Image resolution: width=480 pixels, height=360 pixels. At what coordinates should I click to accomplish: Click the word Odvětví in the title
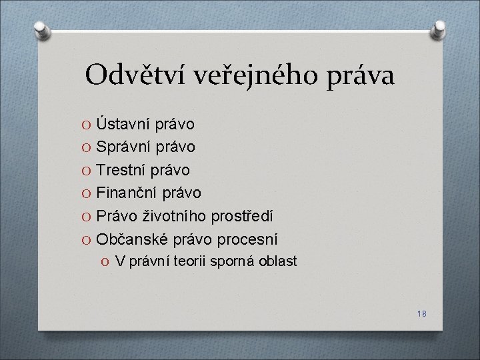135,75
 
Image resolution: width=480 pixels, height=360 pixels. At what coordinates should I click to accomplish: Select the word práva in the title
360,77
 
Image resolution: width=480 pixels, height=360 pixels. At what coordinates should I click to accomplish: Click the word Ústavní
123,123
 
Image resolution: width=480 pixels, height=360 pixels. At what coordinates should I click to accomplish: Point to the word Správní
123,147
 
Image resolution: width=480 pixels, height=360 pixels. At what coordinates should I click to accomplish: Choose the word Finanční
126,193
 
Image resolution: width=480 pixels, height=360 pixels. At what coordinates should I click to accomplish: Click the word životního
173,216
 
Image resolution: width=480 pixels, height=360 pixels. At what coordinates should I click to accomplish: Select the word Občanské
132,239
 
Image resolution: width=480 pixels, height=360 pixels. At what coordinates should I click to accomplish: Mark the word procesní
247,240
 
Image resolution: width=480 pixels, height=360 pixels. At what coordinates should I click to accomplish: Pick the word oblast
277,261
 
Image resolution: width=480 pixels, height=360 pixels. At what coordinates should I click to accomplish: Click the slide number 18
422,313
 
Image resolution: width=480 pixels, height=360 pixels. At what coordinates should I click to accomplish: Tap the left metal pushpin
42,31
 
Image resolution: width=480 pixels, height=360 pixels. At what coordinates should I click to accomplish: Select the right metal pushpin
438,30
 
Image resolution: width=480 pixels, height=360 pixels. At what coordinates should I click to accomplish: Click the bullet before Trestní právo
86,171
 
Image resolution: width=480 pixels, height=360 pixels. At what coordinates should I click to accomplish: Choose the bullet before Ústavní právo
86,125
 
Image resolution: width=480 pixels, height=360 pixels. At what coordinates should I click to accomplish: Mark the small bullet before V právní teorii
105,262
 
